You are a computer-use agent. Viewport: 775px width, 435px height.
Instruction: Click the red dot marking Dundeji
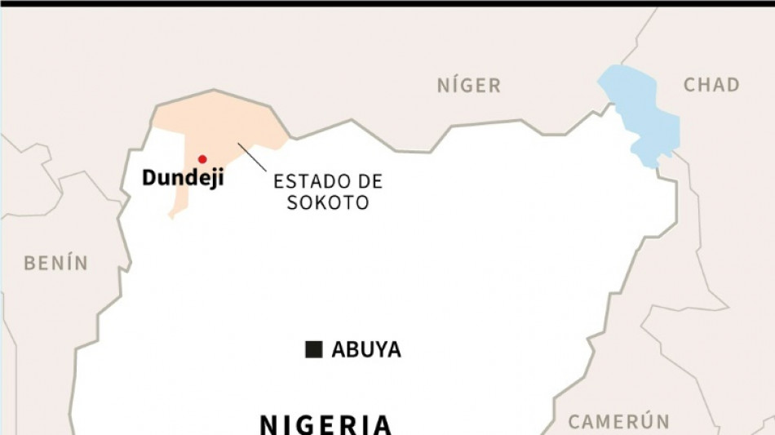202,159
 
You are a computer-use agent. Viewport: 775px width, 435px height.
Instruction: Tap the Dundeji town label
183,178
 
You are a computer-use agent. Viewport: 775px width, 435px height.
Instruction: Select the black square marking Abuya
313,349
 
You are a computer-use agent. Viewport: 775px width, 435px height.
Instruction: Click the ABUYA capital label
366,350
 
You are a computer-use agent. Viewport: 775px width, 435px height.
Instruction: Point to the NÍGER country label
468,85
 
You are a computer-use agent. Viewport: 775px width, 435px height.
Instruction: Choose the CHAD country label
711,85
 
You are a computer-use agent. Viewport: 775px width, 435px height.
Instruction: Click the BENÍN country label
55,263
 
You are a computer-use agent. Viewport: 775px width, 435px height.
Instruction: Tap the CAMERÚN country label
619,422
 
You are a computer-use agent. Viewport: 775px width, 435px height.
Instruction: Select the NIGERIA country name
325,424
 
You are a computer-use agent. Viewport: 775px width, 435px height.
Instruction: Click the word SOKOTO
328,202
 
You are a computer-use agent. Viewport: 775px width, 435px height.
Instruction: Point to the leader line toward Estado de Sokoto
252,158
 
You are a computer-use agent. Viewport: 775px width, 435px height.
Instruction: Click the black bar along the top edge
387,3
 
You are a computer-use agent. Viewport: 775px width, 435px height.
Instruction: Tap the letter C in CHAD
689,85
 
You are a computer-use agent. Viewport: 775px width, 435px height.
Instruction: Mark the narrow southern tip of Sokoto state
174,213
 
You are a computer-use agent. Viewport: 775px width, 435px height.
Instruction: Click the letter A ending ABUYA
392,350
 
